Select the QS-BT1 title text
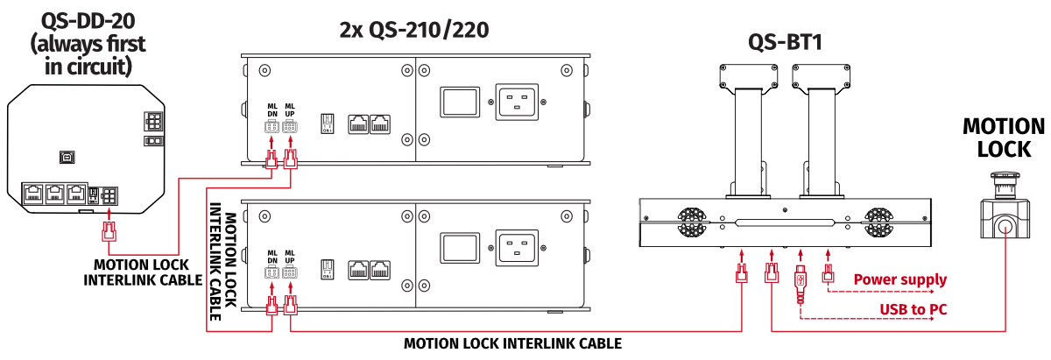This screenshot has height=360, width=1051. click(784, 42)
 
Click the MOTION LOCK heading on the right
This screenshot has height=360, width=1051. click(1004, 138)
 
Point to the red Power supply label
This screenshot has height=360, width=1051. click(899, 280)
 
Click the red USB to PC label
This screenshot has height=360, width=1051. click(913, 309)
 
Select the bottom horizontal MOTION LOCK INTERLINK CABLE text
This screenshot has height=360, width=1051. click(512, 343)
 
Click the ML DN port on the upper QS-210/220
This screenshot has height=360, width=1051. click(272, 125)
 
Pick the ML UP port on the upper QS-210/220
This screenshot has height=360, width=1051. click(289, 125)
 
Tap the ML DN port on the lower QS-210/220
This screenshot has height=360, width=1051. click(272, 272)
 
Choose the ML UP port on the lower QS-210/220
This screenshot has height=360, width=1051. click(289, 272)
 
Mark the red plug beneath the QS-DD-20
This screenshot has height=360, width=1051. click(109, 232)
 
